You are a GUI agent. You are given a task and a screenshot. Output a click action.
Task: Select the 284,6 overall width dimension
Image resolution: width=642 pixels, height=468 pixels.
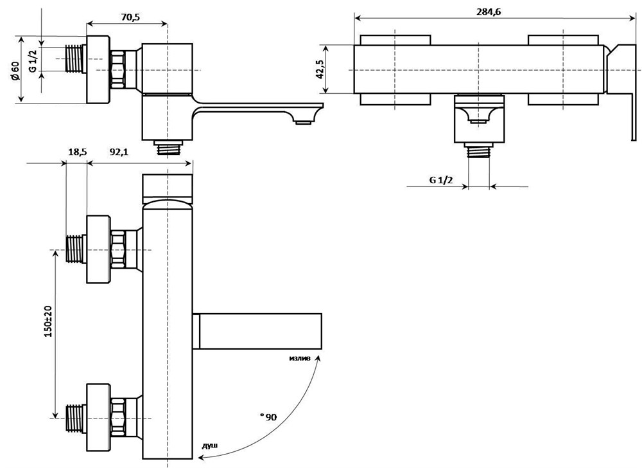pos(489,11)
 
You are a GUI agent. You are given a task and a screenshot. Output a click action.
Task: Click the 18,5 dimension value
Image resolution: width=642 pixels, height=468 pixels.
pos(77,152)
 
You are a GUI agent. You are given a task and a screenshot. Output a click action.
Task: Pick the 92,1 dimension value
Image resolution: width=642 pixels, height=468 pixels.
pos(119,152)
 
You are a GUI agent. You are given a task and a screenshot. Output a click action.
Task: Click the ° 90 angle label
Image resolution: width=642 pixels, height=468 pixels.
pos(268,417)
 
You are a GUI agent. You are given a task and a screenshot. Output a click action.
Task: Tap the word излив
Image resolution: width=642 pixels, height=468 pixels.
pos(299,357)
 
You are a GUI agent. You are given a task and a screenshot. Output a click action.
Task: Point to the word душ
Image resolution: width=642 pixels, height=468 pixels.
pos(209,444)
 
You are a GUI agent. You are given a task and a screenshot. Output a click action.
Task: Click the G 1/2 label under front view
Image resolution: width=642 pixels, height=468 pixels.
pos(440,180)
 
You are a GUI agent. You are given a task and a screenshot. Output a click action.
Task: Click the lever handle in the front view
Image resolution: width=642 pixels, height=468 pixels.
pos(621,90)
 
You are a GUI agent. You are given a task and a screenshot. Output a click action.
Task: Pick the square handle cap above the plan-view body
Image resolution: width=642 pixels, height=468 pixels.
pos(167,186)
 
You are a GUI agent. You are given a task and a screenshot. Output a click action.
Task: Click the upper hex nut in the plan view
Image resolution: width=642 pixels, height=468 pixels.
pos(118,249)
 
